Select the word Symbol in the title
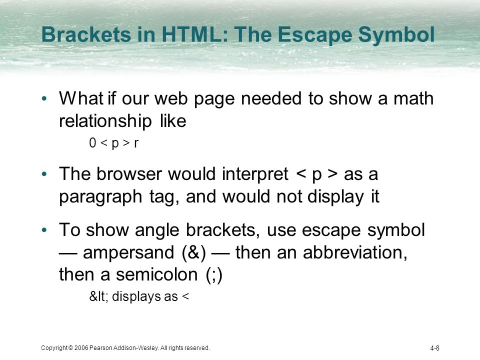pos(396,34)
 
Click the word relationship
pos(105,121)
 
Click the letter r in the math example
pos(136,143)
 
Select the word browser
pos(129,174)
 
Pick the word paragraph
pos(100,197)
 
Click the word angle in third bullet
pos(156,230)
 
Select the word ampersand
pos(128,253)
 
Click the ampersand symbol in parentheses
pos(194,252)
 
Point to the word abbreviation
pos(355,252)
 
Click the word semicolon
pos(156,274)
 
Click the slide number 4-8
pos(434,348)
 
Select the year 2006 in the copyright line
pos(81,348)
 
